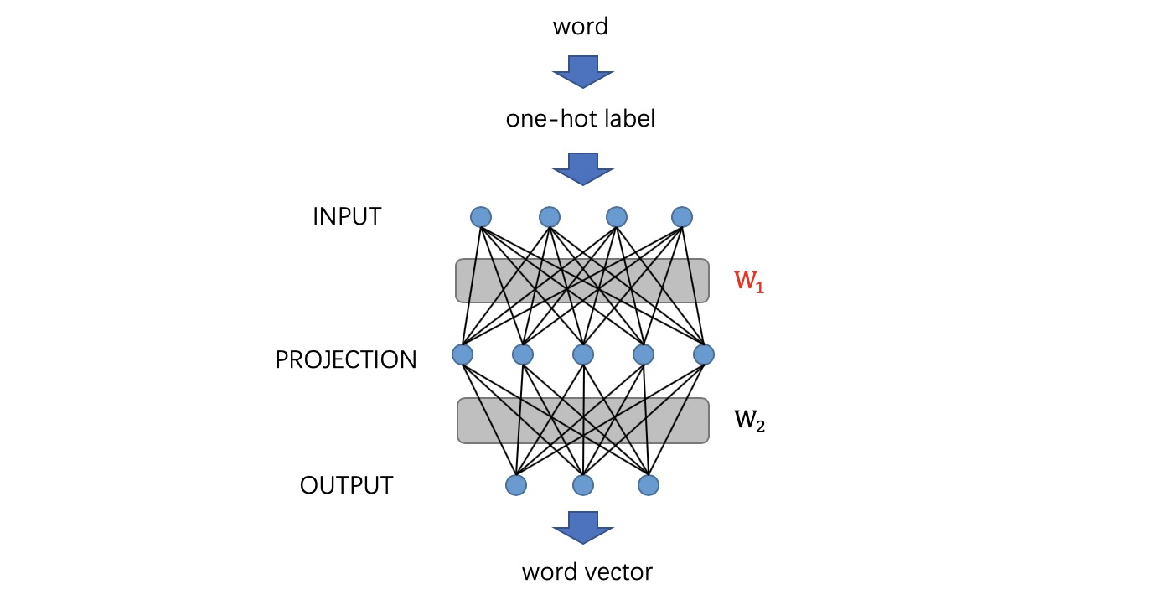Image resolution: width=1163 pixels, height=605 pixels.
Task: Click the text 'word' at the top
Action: (580, 27)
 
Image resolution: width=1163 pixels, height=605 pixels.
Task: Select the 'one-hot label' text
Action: (580, 119)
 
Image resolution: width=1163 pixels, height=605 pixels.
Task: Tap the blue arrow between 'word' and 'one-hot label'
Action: (582, 72)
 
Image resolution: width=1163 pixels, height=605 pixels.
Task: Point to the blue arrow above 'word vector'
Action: (582, 528)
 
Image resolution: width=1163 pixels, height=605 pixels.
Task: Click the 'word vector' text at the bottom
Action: (587, 572)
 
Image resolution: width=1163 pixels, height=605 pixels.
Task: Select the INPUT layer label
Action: (347, 217)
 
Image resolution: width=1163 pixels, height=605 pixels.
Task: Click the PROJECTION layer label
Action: (346, 359)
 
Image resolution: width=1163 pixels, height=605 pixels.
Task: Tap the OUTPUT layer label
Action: (346, 485)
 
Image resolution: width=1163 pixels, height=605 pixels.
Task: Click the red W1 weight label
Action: (750, 282)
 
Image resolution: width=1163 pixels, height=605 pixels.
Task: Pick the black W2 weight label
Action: (750, 421)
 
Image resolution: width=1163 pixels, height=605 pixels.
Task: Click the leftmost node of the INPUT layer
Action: (480, 217)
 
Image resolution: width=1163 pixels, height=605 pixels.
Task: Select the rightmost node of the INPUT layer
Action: (682, 217)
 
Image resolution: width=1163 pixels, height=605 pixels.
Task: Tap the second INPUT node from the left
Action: (549, 217)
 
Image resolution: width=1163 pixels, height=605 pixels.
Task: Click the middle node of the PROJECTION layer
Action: (582, 354)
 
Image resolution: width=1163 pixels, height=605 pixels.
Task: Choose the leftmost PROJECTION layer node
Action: (462, 354)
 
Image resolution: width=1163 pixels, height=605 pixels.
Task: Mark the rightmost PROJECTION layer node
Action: (704, 354)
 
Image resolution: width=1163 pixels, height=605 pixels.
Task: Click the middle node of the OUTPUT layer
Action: (582, 484)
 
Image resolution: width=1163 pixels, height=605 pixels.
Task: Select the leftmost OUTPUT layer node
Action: (516, 484)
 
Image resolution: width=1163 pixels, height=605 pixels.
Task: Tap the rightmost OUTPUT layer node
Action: (649, 484)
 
